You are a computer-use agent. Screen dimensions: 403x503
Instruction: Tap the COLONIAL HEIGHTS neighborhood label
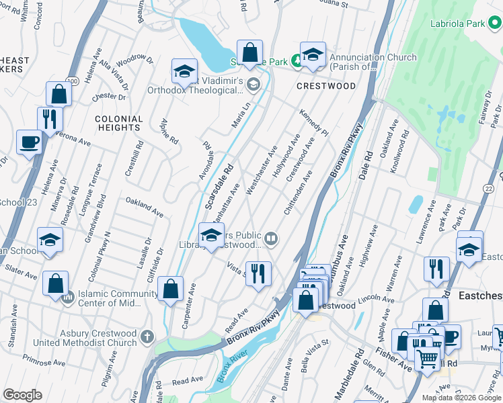(x=119, y=124)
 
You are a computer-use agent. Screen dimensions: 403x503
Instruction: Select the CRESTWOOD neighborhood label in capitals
(x=326, y=86)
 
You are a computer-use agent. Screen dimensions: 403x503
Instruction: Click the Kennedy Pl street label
(x=313, y=122)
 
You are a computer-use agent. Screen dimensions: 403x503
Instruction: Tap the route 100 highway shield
(x=71, y=81)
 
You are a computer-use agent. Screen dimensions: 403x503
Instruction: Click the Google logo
(x=22, y=394)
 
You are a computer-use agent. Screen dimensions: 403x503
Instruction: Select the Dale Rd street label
(x=367, y=165)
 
